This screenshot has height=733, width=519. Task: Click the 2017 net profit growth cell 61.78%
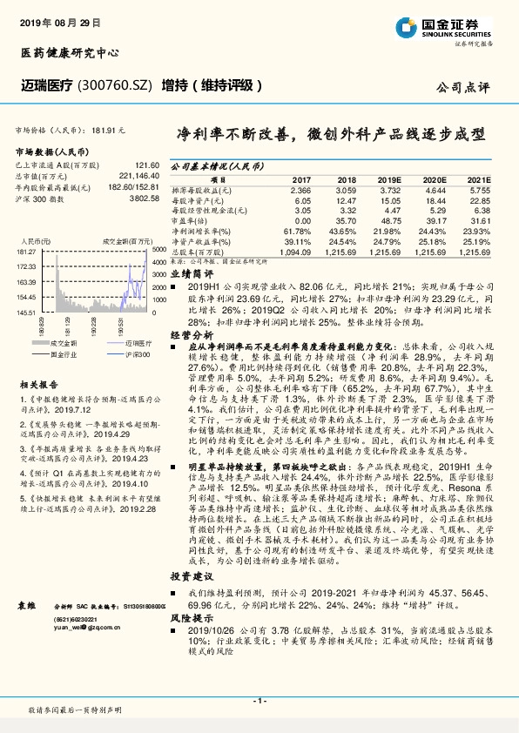[x=298, y=231]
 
